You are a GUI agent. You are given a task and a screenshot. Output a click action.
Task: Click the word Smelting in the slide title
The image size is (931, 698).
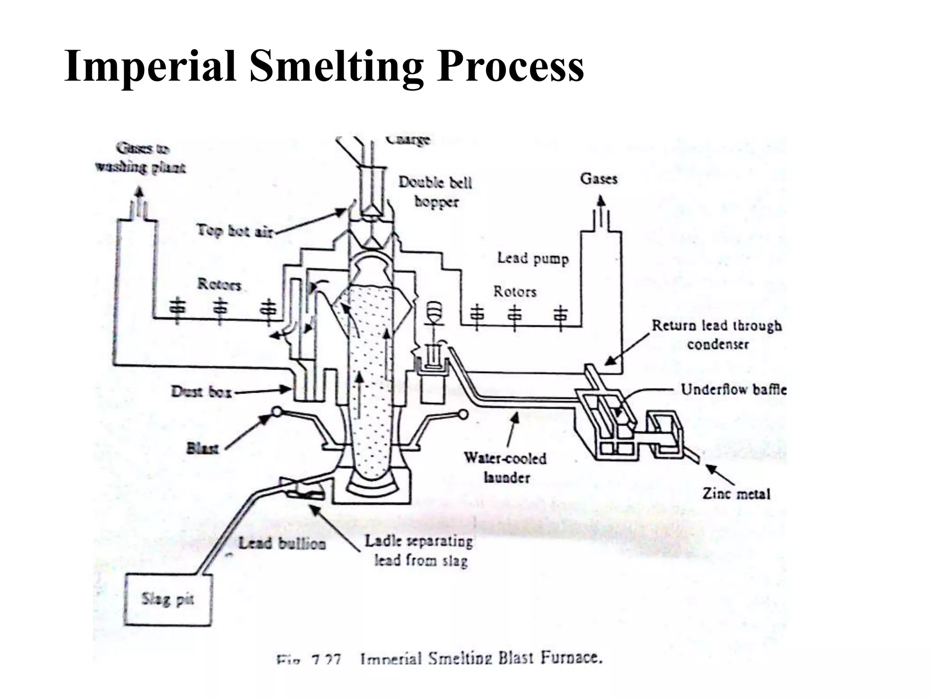(x=336, y=67)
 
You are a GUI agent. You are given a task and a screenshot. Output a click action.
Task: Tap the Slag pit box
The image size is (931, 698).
(x=168, y=599)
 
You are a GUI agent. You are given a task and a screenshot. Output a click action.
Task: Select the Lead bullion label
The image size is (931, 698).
(x=282, y=543)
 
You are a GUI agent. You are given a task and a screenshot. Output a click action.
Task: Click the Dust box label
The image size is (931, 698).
(x=201, y=391)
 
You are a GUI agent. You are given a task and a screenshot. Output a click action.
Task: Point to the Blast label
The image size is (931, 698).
(x=202, y=449)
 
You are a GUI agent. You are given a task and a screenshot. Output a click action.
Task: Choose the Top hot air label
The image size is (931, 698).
(x=235, y=231)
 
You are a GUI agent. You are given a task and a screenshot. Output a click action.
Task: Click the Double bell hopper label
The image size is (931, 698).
(x=435, y=191)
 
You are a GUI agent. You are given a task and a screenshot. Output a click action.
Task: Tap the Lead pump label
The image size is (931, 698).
(x=532, y=259)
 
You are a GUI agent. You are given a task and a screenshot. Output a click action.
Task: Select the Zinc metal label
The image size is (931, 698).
(x=736, y=494)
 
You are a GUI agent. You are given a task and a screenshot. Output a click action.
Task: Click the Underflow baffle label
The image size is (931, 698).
(x=733, y=389)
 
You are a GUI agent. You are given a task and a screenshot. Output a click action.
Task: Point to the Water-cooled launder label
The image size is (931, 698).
(x=506, y=468)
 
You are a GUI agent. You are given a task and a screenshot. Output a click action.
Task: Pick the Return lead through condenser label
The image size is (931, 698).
(x=717, y=334)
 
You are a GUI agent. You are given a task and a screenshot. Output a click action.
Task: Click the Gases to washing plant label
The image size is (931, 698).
(x=140, y=158)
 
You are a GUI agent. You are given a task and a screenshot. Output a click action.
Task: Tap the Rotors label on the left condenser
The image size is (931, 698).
(x=219, y=284)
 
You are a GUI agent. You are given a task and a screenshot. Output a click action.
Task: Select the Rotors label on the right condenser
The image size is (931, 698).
(x=515, y=291)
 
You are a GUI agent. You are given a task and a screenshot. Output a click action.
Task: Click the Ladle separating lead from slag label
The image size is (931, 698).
(x=419, y=551)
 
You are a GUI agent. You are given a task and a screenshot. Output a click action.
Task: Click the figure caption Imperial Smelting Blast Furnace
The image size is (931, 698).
(x=481, y=658)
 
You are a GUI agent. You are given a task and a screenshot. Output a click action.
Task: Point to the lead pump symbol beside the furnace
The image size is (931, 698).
(x=435, y=314)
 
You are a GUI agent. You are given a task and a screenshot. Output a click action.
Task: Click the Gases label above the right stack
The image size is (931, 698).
(x=599, y=179)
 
